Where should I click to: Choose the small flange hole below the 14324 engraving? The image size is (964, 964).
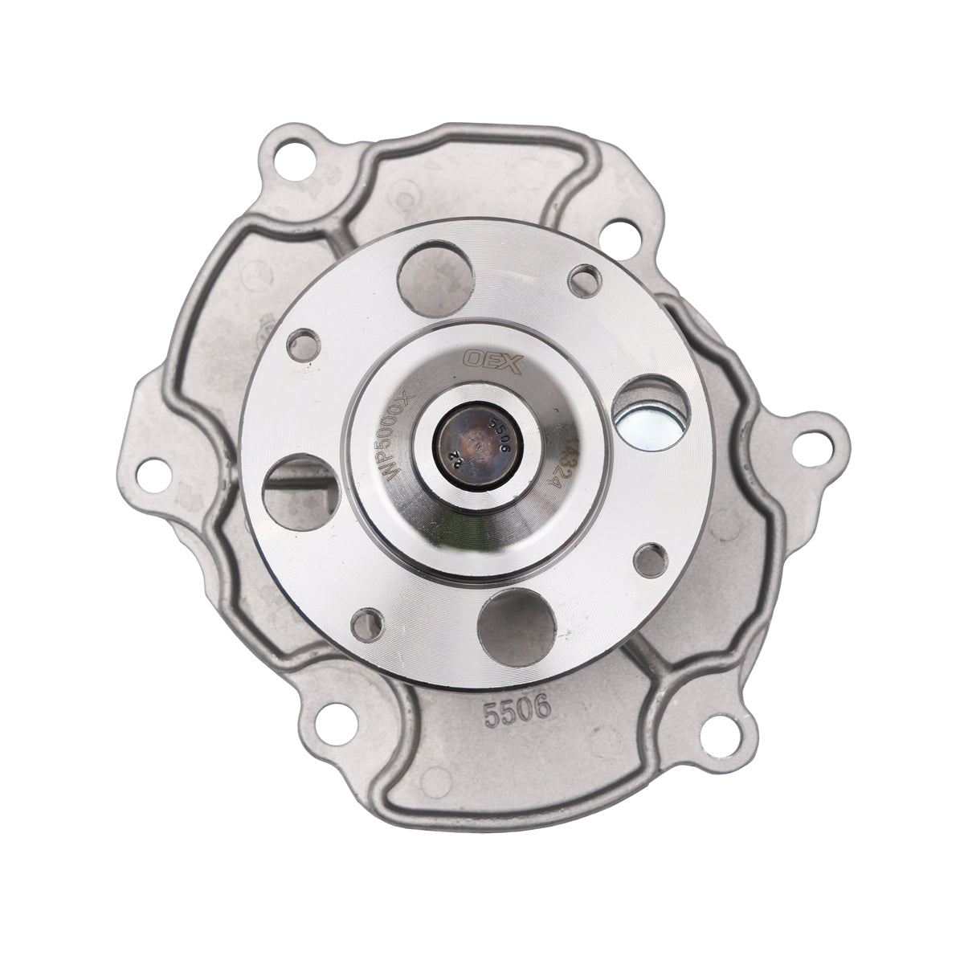649,556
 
